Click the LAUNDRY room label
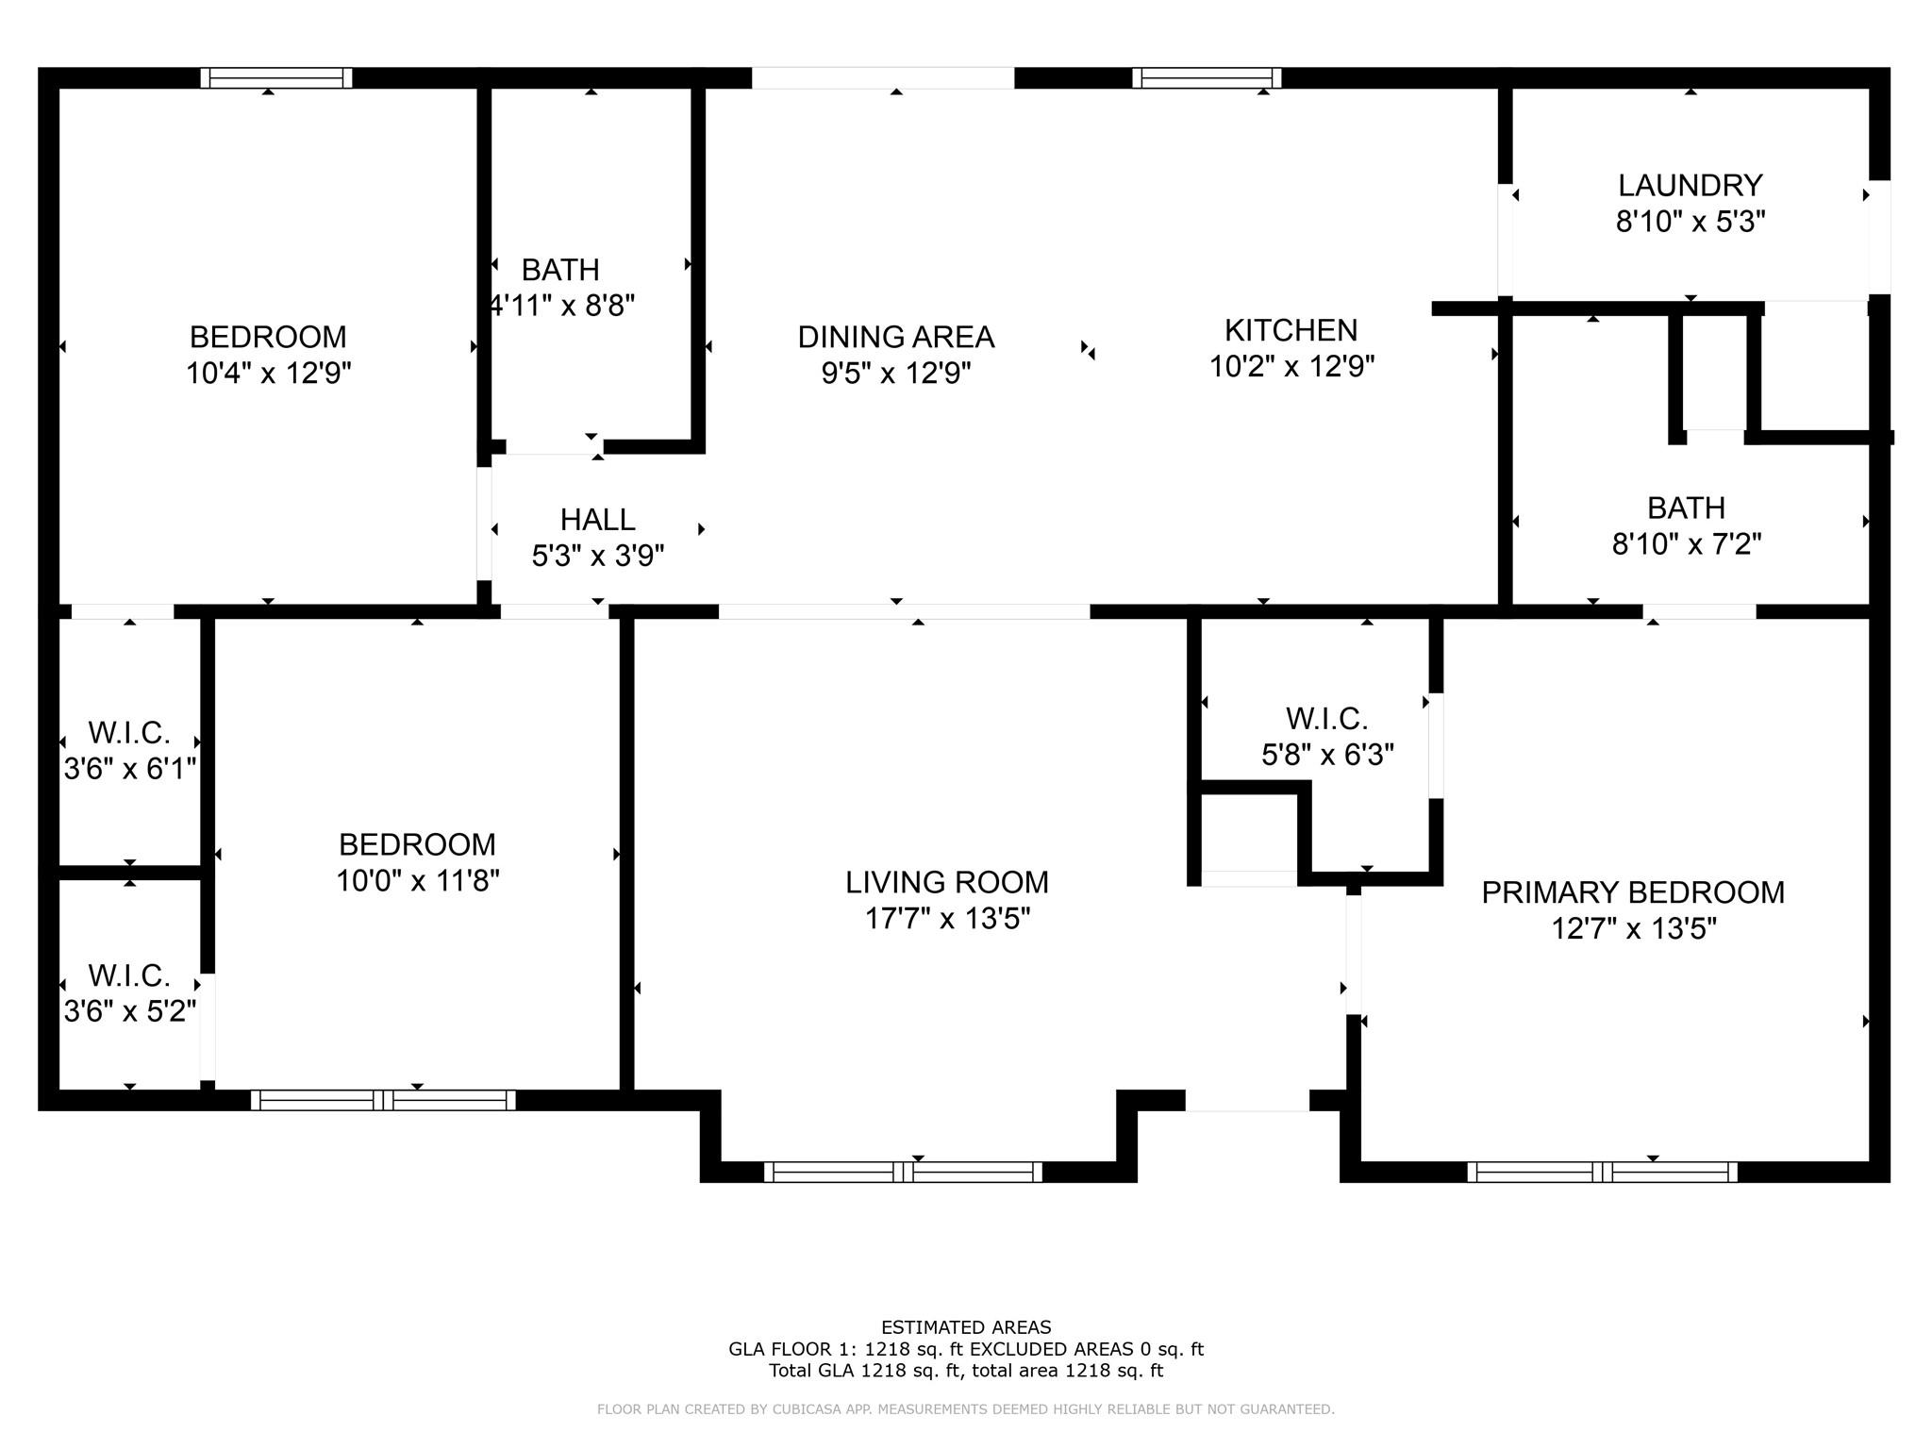(1690, 185)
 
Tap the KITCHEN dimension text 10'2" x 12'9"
(1291, 366)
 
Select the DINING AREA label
(895, 337)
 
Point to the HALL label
(597, 520)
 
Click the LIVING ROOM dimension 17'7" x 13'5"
(947, 918)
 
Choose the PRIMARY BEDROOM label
(1632, 892)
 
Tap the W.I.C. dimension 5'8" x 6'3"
(1327, 755)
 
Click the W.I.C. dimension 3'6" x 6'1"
(129, 769)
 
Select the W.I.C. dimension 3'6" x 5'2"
(129, 1011)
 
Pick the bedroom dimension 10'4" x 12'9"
(268, 374)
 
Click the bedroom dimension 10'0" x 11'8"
(417, 880)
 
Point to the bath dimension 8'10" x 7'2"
(1686, 544)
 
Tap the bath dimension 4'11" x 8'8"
(561, 306)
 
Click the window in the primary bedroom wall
(1601, 1172)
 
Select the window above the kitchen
(1206, 78)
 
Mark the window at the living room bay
(903, 1172)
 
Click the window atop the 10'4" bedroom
(275, 78)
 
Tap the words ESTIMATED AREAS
(965, 1327)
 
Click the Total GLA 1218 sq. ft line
(965, 1371)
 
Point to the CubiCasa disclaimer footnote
(965, 1409)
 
